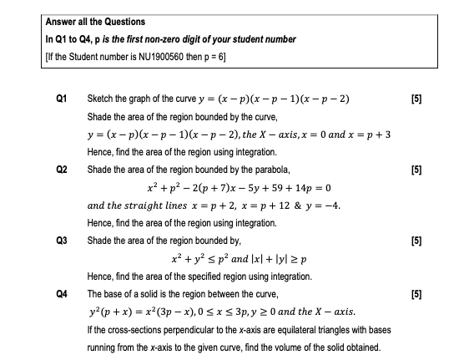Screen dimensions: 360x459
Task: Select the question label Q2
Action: (61, 170)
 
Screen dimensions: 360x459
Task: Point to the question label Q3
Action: (61, 240)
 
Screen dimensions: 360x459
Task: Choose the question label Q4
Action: (61, 294)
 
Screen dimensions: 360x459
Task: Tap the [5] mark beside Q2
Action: (417, 170)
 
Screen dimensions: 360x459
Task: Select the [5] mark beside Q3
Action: (417, 240)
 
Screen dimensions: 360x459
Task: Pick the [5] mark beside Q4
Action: (417, 294)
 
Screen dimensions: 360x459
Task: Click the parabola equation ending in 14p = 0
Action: (240, 188)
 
